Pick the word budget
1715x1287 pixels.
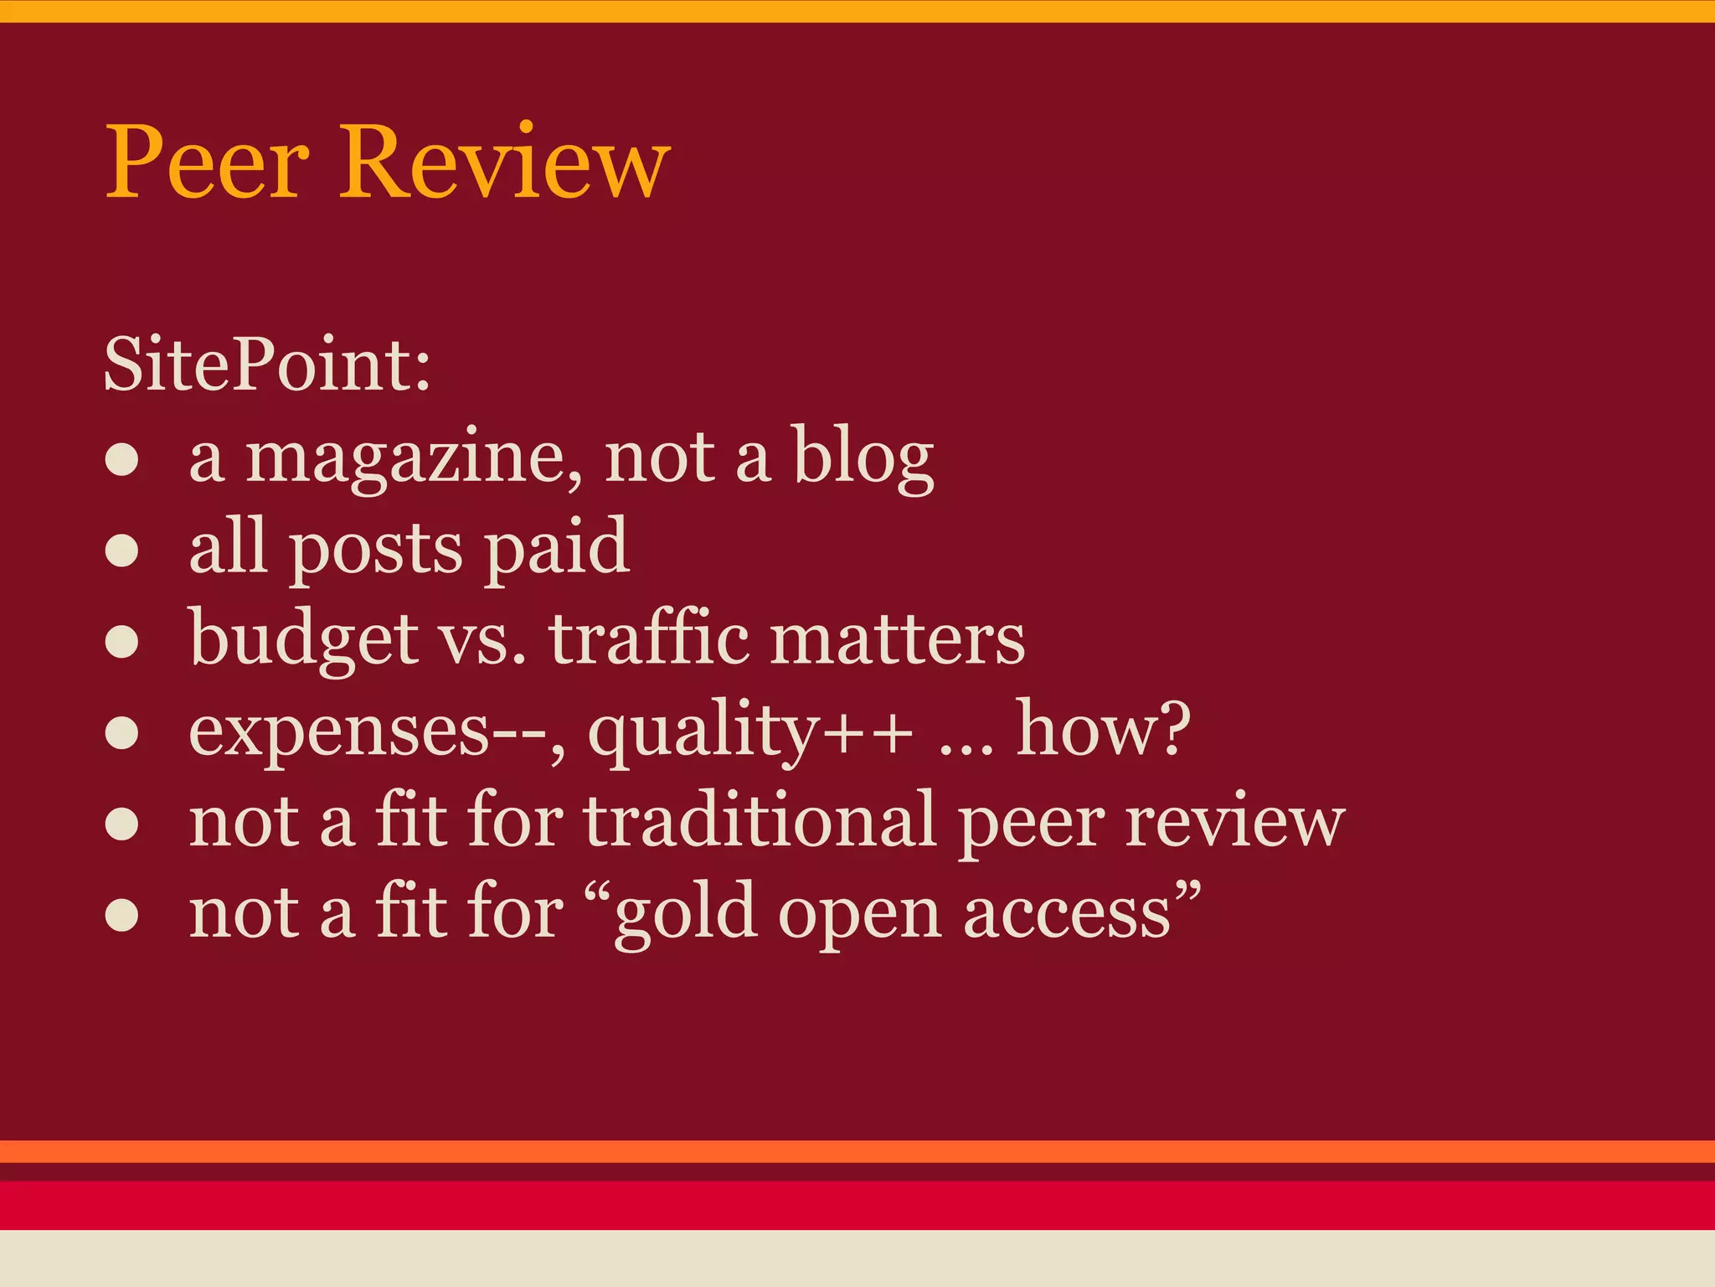click(x=303, y=641)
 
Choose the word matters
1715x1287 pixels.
click(x=897, y=640)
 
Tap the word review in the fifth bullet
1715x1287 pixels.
click(x=1234, y=823)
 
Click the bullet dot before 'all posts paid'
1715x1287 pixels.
click(x=122, y=551)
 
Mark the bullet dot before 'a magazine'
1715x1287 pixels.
click(x=122, y=460)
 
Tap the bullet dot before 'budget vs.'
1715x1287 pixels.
click(x=122, y=642)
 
